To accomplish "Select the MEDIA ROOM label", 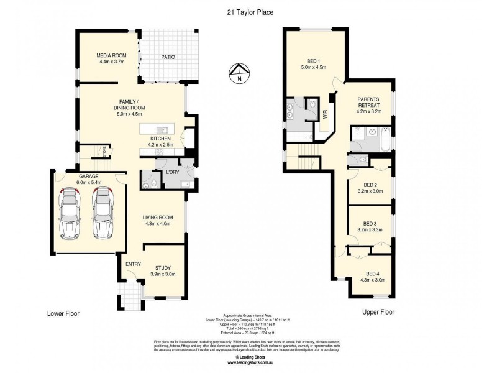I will point(111,56).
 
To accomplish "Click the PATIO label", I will point(168,57).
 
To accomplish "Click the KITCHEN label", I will point(158,139).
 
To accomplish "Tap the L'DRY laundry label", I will point(172,172).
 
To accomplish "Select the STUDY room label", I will point(163,268).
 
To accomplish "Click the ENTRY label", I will point(133,264).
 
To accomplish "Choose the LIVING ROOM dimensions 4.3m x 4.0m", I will point(158,224).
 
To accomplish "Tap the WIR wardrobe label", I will point(325,114).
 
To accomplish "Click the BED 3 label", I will point(370,224).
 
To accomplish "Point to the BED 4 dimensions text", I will point(373,280).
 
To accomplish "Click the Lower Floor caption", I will point(63,313).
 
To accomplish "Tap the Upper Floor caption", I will point(378,312).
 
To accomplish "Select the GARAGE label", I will point(88,177).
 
